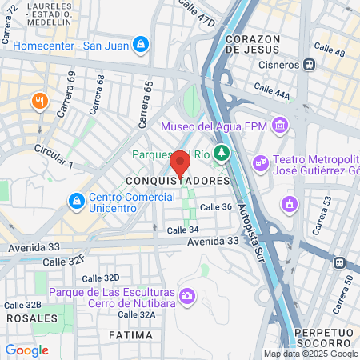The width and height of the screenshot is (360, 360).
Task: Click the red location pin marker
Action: [180, 162]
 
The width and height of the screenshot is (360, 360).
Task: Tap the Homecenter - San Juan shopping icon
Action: [141, 44]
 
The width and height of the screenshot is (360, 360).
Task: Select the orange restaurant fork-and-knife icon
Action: [38, 101]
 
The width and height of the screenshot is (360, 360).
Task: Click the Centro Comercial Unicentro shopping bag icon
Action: [76, 199]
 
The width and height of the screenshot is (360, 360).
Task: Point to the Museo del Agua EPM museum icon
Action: [279, 126]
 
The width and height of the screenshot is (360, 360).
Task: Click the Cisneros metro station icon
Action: [309, 64]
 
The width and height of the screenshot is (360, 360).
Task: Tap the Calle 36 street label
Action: [215, 207]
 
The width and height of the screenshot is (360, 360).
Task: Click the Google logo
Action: [26, 350]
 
